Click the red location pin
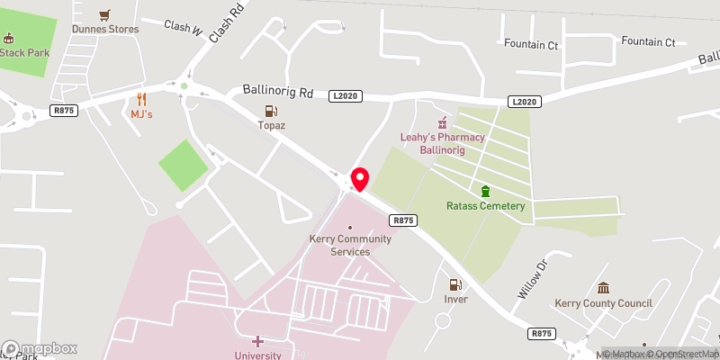click(360, 178)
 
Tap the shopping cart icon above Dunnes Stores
click(106, 14)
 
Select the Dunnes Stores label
click(106, 29)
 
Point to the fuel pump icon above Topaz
click(269, 111)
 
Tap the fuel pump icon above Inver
click(455, 284)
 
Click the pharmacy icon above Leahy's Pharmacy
click(442, 122)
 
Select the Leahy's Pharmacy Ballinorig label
click(442, 143)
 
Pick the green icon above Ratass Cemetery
click(486, 191)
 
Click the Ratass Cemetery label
click(486, 206)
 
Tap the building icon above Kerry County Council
click(603, 288)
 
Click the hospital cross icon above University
click(257, 341)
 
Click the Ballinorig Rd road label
click(278, 91)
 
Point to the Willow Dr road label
click(532, 281)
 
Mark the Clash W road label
click(183, 28)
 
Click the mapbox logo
click(40, 348)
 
